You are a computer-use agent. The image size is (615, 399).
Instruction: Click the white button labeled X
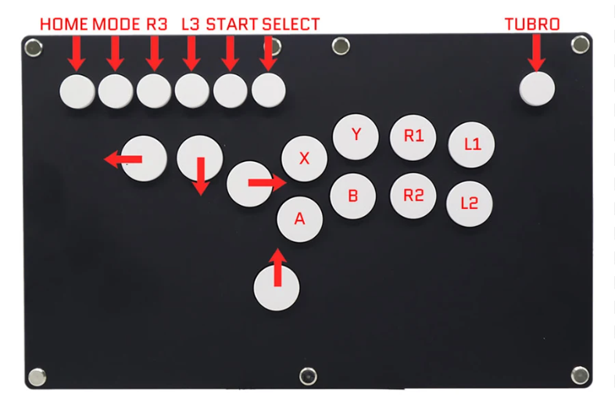pyautogui.click(x=304, y=159)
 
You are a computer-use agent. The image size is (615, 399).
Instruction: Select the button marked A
pyautogui.click(x=299, y=218)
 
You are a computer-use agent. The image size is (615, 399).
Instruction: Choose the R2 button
pyautogui.click(x=413, y=196)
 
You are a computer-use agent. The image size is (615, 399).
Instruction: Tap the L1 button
pyautogui.click(x=472, y=146)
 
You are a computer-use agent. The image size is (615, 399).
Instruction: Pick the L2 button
pyautogui.click(x=469, y=203)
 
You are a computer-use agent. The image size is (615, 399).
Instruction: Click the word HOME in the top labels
pyautogui.click(x=64, y=24)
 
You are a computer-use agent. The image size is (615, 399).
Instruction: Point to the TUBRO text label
pyautogui.click(x=532, y=24)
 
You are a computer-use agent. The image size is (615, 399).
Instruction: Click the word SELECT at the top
pyautogui.click(x=291, y=24)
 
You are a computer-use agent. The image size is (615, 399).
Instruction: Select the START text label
pyautogui.click(x=231, y=24)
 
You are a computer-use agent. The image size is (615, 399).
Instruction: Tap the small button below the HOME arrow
pyautogui.click(x=76, y=91)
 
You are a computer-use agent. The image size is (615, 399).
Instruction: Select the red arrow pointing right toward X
pyautogui.click(x=266, y=183)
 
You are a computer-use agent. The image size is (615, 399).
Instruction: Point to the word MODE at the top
pyautogui.click(x=116, y=24)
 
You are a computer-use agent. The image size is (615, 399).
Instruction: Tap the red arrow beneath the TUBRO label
pyautogui.click(x=536, y=53)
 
